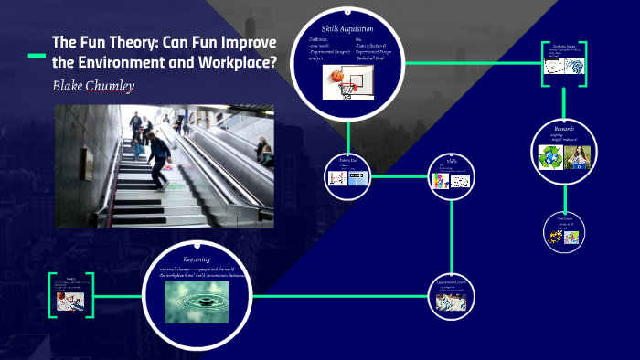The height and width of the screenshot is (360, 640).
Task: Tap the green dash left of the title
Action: pos(36,56)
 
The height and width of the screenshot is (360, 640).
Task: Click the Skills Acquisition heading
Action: pos(351,28)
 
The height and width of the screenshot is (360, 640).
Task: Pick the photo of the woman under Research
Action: pos(578,157)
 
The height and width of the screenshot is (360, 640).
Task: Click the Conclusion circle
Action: pos(564,230)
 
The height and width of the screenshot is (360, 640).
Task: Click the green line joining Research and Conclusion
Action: pos(564,198)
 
